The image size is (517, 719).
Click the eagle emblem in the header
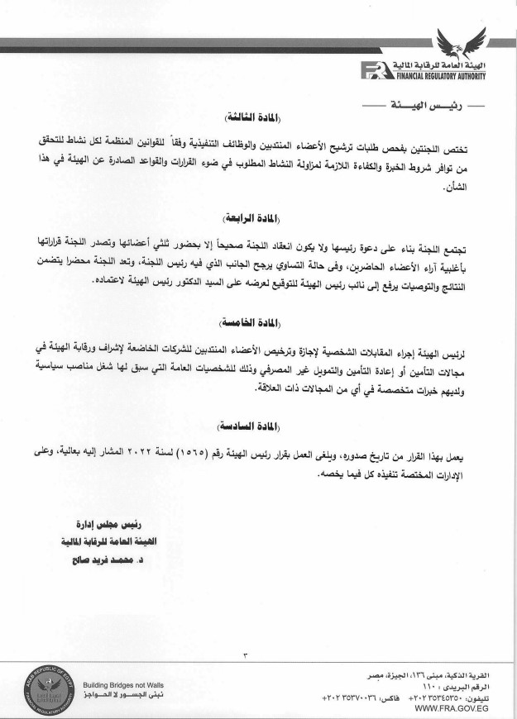click(462, 45)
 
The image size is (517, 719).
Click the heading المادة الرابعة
click(258, 221)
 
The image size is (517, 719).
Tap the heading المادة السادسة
click(258, 426)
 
